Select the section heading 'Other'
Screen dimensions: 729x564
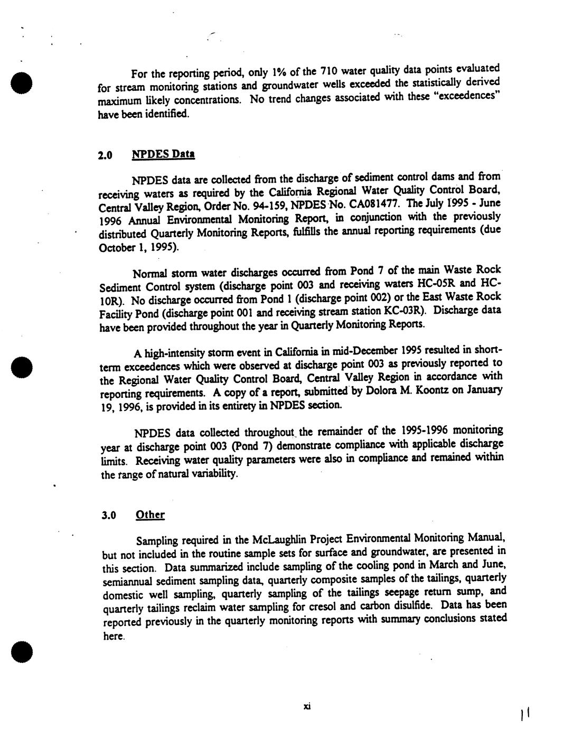coord(150,515)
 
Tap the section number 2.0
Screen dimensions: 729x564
coord(106,156)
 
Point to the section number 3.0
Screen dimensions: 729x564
coord(109,516)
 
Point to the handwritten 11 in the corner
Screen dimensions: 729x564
coord(525,715)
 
